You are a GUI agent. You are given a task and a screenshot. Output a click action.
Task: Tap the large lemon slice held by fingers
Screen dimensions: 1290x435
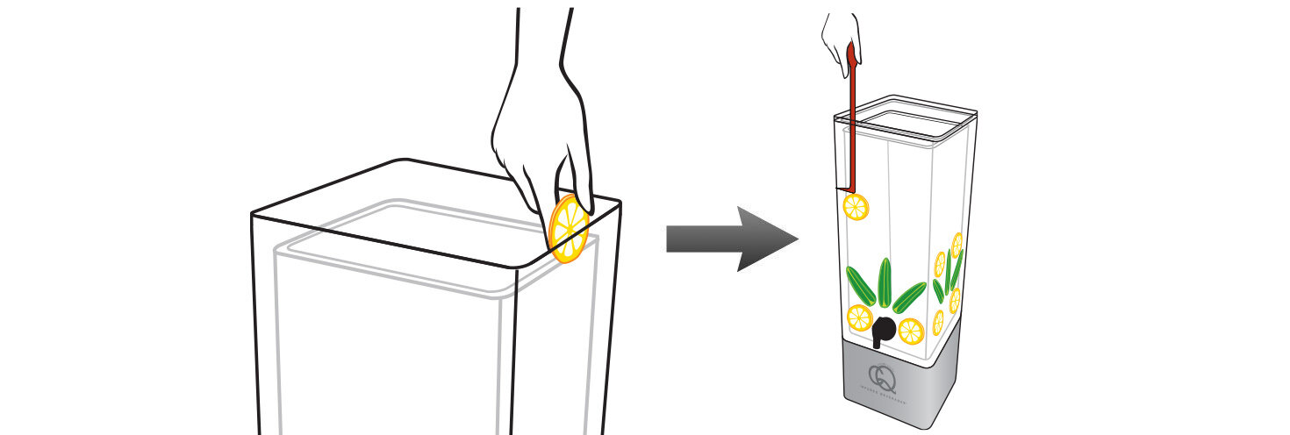[569, 230]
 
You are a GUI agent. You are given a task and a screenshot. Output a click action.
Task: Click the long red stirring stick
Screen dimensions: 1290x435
[850, 123]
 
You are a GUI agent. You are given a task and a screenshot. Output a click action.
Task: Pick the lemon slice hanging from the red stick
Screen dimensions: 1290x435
[856, 208]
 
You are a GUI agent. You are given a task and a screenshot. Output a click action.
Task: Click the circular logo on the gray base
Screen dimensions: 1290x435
[883, 378]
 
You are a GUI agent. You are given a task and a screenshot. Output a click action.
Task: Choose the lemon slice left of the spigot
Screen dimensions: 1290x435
[858, 317]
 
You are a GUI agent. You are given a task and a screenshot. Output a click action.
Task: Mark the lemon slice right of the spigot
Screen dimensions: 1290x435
[911, 331]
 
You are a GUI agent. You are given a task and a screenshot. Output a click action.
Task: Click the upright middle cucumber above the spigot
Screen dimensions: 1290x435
[885, 280]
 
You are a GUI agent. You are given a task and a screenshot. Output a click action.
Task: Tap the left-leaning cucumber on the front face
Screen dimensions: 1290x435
[859, 286]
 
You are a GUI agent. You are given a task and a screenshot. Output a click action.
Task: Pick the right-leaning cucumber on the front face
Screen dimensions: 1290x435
[909, 296]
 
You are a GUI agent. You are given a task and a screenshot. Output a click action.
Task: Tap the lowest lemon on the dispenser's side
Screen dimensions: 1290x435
[938, 322]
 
